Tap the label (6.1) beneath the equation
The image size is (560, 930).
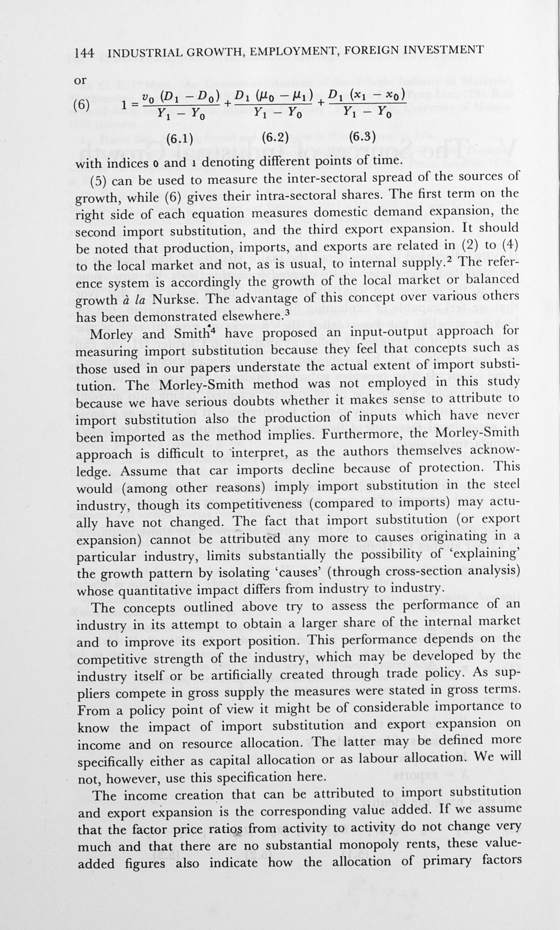pos(179,139)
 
